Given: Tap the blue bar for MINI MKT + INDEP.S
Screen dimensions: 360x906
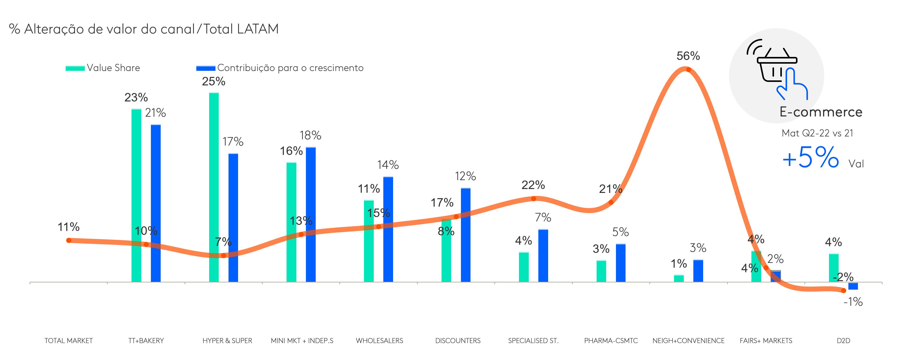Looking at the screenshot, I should coord(310,214).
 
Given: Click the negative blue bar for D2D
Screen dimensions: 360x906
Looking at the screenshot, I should coord(853,286).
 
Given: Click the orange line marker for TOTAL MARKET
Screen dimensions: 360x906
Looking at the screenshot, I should coord(68,241).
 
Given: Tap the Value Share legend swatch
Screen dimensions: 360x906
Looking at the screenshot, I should coord(75,68).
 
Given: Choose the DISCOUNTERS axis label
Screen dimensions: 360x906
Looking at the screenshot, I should coord(458,341).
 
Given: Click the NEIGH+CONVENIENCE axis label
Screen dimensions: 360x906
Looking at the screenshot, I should coord(688,341).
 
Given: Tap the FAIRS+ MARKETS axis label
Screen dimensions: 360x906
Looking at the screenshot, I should coord(766,341).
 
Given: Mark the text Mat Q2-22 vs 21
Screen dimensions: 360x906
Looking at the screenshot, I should coord(817,133).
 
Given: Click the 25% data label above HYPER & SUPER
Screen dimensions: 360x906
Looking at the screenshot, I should coord(214,81).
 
